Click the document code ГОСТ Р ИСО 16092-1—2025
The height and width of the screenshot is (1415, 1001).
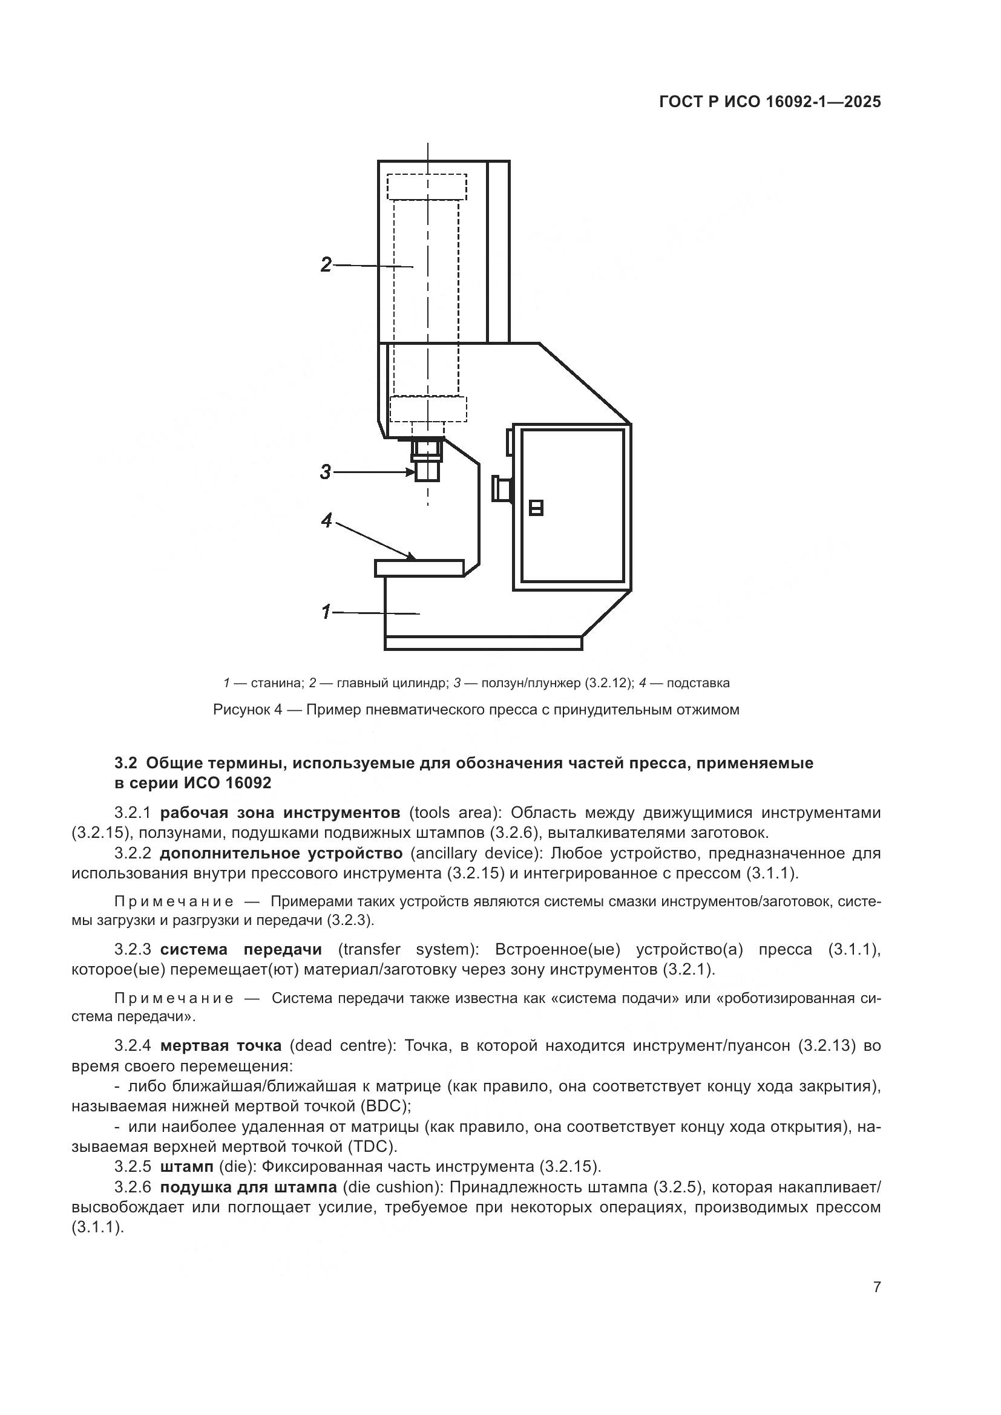(770, 102)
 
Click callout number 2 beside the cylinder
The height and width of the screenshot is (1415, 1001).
(326, 264)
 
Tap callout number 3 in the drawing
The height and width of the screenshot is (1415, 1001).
(326, 472)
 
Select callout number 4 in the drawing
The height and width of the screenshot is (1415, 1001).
(327, 521)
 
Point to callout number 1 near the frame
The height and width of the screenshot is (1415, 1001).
(326, 612)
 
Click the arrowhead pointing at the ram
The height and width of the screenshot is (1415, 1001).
(411, 472)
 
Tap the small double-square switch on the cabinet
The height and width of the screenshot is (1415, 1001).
(536, 508)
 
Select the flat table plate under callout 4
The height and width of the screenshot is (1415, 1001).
(419, 568)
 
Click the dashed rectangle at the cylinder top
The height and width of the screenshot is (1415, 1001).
(427, 187)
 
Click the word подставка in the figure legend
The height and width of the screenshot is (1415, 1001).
(698, 683)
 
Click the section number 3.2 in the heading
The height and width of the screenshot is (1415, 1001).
(125, 763)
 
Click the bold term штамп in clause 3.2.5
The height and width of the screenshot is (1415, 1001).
(187, 1166)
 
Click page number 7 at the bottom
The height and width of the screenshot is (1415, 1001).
(876, 1287)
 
